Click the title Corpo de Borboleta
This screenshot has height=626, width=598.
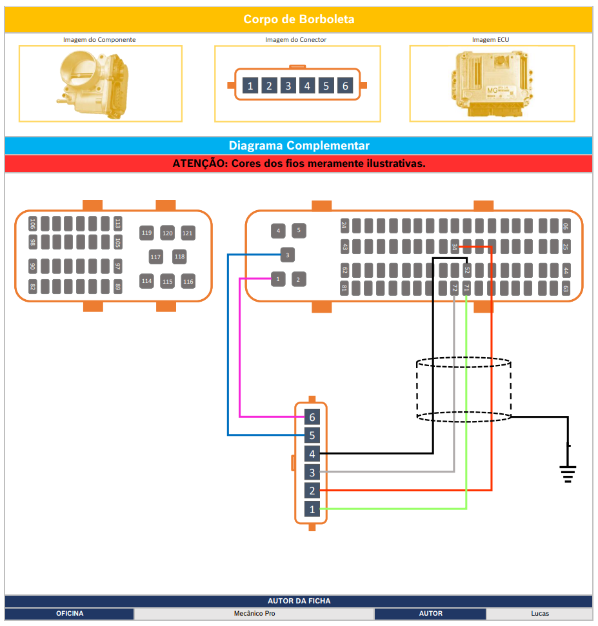(299, 19)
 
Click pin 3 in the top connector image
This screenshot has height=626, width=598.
(288, 86)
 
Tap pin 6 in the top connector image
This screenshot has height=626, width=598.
(345, 86)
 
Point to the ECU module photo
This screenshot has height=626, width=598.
(492, 83)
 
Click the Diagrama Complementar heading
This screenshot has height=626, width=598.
(299, 146)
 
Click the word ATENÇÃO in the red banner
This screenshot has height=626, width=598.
(199, 164)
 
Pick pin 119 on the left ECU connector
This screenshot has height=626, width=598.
(147, 233)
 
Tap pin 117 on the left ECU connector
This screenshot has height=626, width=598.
(155, 257)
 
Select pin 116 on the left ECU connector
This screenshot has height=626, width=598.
(188, 282)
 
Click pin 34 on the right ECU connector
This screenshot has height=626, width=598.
(454, 247)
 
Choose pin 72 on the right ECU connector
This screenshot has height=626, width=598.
(455, 288)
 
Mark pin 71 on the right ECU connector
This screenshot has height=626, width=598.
(466, 288)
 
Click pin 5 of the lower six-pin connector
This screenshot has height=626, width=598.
(312, 435)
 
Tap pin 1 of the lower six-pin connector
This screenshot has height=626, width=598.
(312, 509)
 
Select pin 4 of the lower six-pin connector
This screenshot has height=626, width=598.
(312, 454)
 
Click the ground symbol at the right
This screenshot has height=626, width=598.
(568, 473)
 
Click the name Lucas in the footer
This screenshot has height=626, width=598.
(540, 614)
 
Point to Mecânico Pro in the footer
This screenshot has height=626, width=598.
(254, 614)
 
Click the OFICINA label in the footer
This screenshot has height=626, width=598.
(70, 614)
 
